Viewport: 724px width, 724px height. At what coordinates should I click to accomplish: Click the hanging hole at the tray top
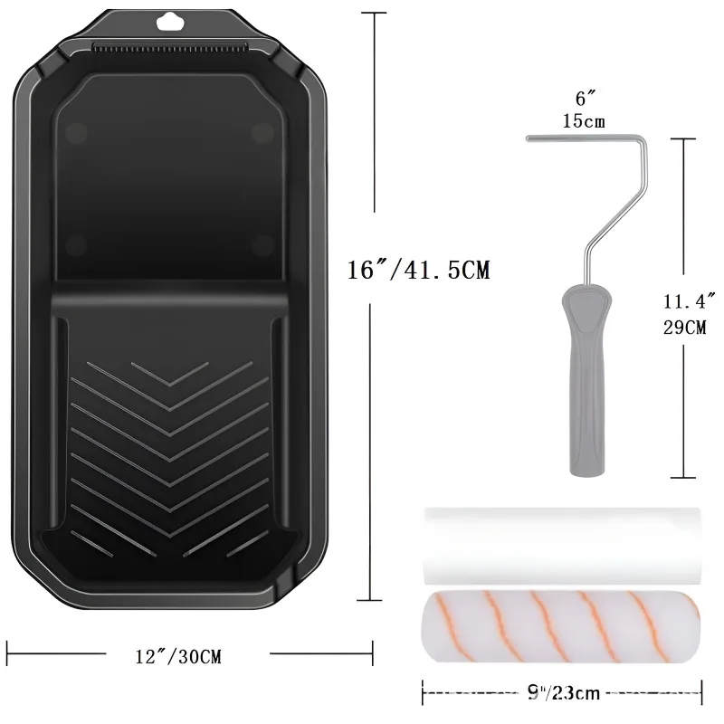point(170,21)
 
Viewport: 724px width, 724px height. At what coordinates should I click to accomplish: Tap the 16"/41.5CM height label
point(418,270)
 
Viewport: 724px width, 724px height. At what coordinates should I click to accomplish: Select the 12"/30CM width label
point(178,656)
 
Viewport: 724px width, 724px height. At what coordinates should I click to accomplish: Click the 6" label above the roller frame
point(586,99)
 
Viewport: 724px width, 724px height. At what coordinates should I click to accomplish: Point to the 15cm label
point(584,121)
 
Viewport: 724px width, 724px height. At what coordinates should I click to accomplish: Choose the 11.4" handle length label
point(690,301)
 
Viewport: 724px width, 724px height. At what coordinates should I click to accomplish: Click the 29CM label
point(685,328)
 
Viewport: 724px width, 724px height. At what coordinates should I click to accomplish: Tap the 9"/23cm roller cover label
point(563,692)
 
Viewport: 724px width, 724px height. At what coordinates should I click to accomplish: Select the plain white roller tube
point(562,547)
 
